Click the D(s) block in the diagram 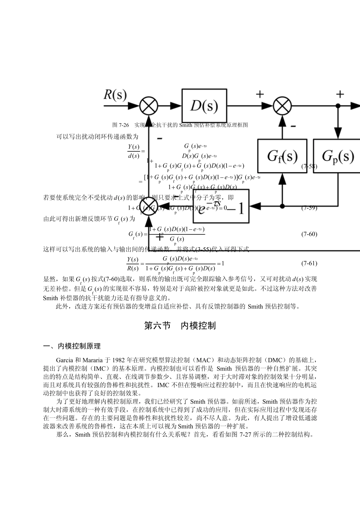pos(204,106)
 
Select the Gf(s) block pos(282,156)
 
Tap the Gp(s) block pos(337,156)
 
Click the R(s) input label pos(115,95)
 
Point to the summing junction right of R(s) pos(149,106)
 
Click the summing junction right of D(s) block pos(282,106)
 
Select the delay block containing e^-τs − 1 pos(221,206)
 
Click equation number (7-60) pos(309,234)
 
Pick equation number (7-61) pos(309,263)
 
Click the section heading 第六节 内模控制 pos(180,325)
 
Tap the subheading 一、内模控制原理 pos(72,346)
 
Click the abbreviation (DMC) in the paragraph pos(276,359)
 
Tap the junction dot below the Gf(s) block pos(282,206)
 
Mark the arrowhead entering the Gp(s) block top pos(337,135)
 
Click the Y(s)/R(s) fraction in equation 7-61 pos(133,264)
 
